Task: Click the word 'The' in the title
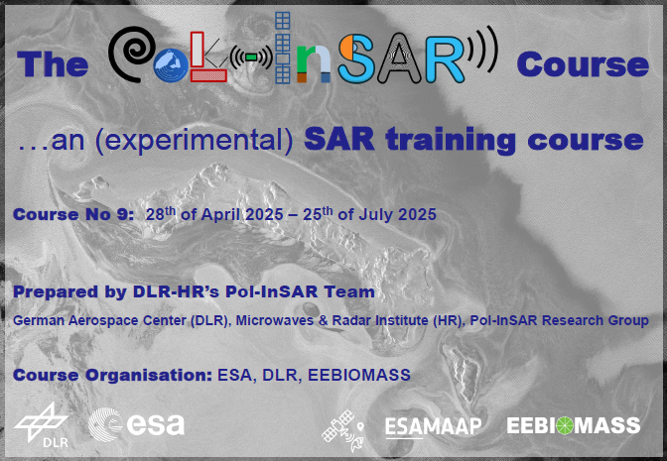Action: (x=54, y=65)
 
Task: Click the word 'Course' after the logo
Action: (x=582, y=65)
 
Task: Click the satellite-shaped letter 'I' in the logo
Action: (x=284, y=49)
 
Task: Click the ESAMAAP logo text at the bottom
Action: (x=433, y=426)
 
